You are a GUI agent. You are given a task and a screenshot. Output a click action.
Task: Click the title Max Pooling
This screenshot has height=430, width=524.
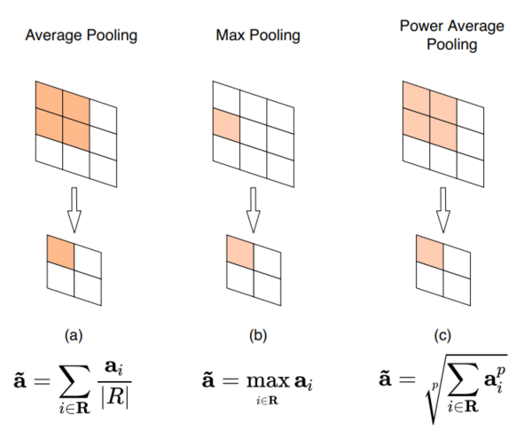pos(257,36)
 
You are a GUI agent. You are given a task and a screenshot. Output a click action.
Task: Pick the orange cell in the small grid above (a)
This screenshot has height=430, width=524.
pos(60,249)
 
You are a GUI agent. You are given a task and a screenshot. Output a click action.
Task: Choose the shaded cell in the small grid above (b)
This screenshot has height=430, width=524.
pos(240,250)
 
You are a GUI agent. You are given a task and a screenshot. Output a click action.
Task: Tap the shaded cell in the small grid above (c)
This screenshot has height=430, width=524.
pos(429,250)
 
